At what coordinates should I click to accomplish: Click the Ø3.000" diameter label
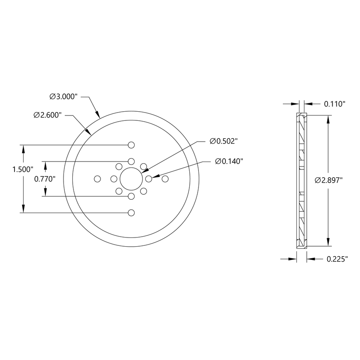(64, 96)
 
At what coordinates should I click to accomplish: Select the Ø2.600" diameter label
(48, 115)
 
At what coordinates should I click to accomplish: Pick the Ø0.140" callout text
(229, 161)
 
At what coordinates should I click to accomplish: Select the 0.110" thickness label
(335, 104)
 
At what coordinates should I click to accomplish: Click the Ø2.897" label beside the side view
(329, 180)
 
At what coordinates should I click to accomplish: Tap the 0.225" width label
(337, 259)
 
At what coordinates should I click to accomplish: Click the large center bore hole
(131, 179)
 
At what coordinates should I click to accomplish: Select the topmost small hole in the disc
(131, 145)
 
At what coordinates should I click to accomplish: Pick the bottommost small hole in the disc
(131, 213)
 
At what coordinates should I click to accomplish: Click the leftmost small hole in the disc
(97, 179)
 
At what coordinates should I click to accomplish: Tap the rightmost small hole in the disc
(165, 179)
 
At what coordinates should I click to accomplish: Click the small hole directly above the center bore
(131, 161)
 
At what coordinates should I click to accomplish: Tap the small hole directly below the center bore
(131, 196)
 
